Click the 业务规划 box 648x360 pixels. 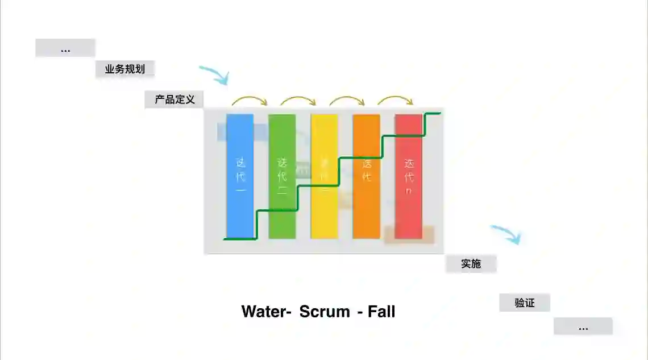125,69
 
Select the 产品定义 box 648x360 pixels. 175,100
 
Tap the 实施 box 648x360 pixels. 471,264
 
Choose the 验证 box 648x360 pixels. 525,303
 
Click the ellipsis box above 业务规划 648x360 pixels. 65,48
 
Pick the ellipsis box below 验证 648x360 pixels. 583,326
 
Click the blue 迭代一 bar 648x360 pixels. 240,176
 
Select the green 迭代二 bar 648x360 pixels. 282,176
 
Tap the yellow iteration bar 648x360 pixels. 324,176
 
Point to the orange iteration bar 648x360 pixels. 367,176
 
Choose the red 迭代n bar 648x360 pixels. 409,176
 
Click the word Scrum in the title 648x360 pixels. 325,312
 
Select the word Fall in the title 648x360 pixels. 381,312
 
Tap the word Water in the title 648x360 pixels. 264,312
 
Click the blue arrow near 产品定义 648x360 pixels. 215,74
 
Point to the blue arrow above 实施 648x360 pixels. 506,233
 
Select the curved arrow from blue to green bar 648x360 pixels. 249,100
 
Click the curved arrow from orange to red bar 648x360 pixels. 396,100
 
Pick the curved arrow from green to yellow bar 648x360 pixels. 298,100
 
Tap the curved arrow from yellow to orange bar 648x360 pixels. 347,100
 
